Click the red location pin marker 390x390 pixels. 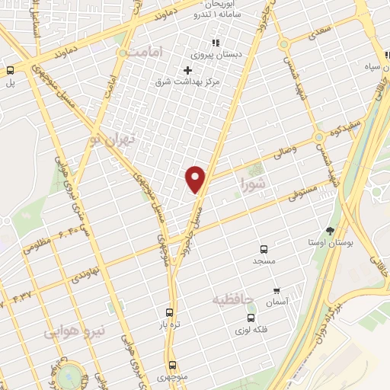(196, 178)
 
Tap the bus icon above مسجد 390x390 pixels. (264, 249)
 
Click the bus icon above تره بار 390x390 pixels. (170, 312)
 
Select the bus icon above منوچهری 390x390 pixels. (172, 364)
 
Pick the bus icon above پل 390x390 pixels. (11, 70)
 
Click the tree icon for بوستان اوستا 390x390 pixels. (330, 230)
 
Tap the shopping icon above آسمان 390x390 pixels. (277, 291)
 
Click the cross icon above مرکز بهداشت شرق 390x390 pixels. (188, 70)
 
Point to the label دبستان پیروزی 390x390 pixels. (218, 55)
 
